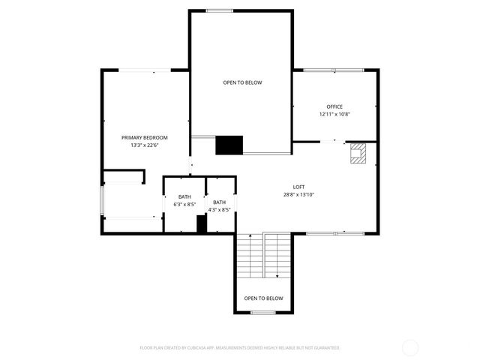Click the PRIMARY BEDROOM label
click(145, 137)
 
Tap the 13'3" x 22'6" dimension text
click(145, 145)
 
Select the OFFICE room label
click(334, 106)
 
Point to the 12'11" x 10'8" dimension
click(334, 114)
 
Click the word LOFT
click(298, 187)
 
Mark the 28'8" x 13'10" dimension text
click(298, 194)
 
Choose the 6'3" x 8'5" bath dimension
click(184, 204)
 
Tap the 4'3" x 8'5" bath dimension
click(219, 209)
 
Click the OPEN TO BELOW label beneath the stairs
click(264, 298)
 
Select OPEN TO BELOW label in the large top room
click(242, 82)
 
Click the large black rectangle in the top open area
click(229, 145)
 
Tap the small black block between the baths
click(201, 223)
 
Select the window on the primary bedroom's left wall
click(102, 201)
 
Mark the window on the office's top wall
click(334, 70)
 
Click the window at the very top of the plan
click(219, 10)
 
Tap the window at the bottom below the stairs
click(262, 312)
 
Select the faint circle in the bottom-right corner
click(410, 347)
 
